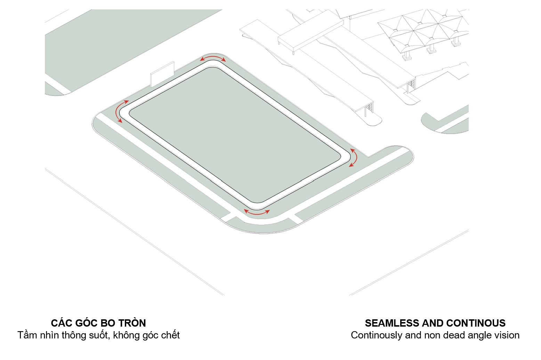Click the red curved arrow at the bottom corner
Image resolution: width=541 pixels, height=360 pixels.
tap(257, 212)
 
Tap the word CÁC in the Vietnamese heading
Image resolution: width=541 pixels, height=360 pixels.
tap(61, 323)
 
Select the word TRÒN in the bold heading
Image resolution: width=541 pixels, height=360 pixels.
tap(132, 323)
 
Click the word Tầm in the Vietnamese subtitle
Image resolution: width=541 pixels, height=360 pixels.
tap(27, 335)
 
